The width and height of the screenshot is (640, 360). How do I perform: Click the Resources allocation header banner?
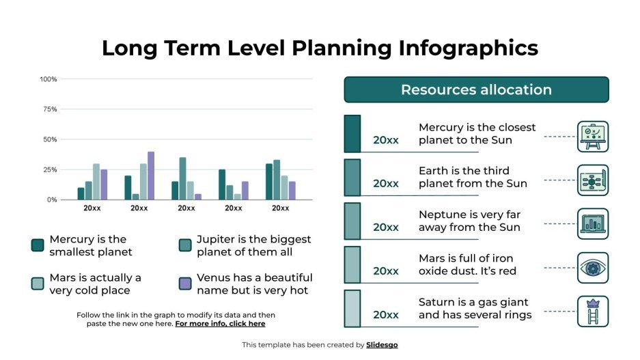pyautogui.click(x=476, y=89)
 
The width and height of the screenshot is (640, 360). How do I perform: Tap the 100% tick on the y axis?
pyautogui.click(x=48, y=79)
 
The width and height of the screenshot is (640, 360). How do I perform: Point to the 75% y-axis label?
pyautogui.click(x=50, y=109)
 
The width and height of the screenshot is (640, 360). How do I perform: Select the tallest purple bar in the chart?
pyautogui.click(x=151, y=176)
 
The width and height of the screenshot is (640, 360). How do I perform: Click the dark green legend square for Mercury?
pyautogui.click(x=38, y=245)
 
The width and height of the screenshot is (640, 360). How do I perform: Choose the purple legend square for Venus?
pyautogui.click(x=184, y=283)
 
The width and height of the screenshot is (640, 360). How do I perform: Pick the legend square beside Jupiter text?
pyautogui.click(x=184, y=245)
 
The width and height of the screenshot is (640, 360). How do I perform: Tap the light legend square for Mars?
pyautogui.click(x=38, y=283)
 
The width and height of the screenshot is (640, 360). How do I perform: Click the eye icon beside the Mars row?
pyautogui.click(x=592, y=268)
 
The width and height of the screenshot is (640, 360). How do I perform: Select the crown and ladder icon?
pyautogui.click(x=592, y=311)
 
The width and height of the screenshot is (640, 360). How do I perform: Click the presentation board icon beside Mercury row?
pyautogui.click(x=592, y=137)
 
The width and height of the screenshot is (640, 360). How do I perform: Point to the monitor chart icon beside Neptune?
pyautogui.click(x=592, y=224)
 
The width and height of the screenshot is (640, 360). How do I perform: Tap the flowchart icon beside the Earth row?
pyautogui.click(x=592, y=180)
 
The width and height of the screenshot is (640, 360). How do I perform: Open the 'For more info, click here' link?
pyautogui.click(x=220, y=324)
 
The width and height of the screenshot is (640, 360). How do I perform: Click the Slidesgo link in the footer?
pyautogui.click(x=382, y=345)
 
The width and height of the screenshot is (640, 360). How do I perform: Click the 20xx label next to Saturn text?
pyautogui.click(x=385, y=314)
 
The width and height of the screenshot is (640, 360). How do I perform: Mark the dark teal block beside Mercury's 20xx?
pyautogui.click(x=352, y=133)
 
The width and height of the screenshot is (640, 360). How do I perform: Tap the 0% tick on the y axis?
pyautogui.click(x=52, y=199)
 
